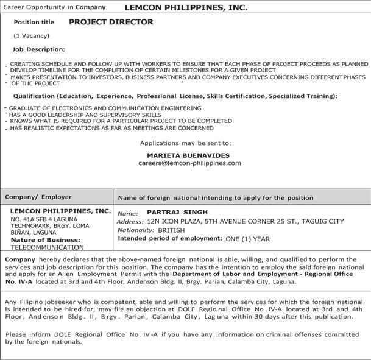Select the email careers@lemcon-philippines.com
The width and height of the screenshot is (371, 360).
click(x=189, y=163)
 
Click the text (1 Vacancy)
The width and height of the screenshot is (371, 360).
click(x=31, y=36)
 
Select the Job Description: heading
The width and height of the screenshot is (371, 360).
click(x=38, y=49)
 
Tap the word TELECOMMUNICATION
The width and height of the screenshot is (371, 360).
click(x=47, y=247)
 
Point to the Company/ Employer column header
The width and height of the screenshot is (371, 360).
click(x=38, y=197)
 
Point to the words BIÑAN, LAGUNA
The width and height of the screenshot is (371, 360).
click(x=32, y=232)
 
